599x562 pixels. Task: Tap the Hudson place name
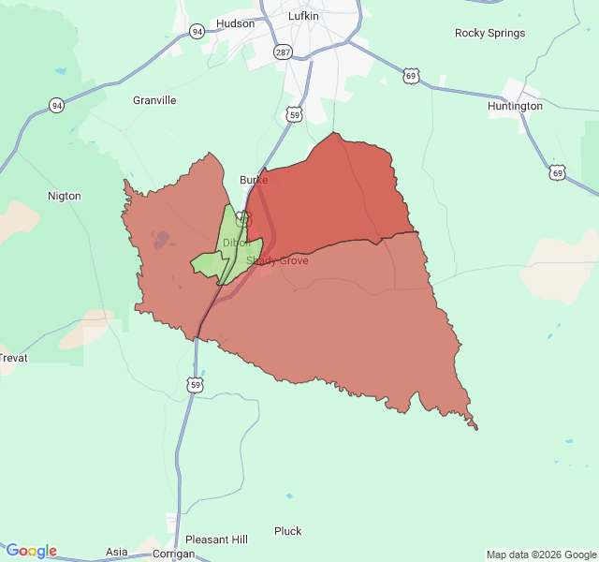(x=235, y=23)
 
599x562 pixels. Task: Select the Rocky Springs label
(x=489, y=33)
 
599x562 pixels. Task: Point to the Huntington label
(x=515, y=106)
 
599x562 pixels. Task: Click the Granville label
(x=154, y=100)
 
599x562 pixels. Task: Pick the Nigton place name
(x=64, y=196)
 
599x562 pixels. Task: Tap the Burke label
(x=254, y=179)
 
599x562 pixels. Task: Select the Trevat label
(x=12, y=358)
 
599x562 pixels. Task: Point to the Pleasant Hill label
(x=216, y=540)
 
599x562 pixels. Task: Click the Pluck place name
(x=288, y=531)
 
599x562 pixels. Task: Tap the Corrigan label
(x=173, y=554)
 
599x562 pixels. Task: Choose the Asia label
(x=117, y=552)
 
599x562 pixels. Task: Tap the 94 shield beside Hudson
(x=197, y=31)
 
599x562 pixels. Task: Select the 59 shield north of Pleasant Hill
(x=195, y=385)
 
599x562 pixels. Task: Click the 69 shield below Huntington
(x=558, y=173)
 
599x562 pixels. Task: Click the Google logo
(x=31, y=551)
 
